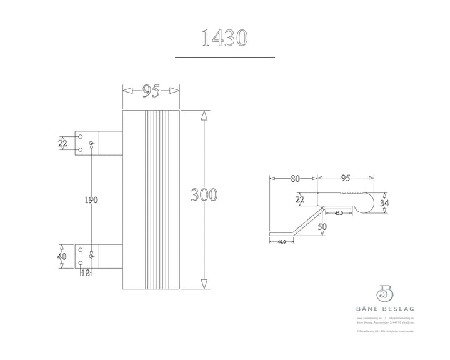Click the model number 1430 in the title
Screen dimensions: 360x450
(224, 37)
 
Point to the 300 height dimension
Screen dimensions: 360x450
(204, 194)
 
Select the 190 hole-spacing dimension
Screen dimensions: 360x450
(91, 200)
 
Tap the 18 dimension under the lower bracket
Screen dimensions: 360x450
(85, 272)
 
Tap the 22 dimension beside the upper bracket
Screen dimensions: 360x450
(62, 142)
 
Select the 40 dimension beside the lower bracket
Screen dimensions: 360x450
(62, 256)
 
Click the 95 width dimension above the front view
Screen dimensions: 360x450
(151, 91)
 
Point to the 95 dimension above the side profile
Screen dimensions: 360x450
(345, 178)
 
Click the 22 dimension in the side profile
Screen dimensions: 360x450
(301, 199)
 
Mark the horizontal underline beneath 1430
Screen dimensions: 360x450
(224, 57)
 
